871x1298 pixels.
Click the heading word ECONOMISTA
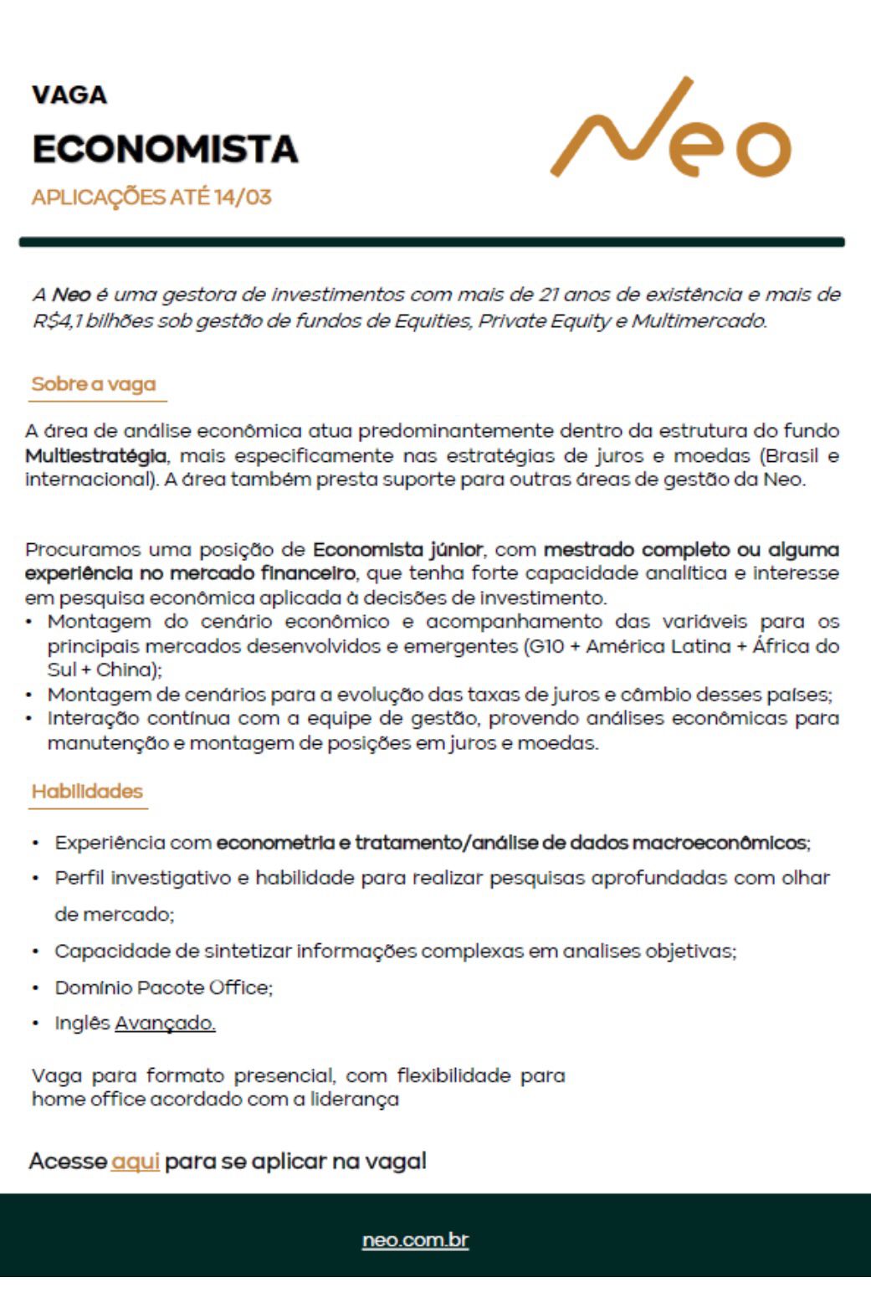165,150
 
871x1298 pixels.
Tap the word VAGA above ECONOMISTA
69,95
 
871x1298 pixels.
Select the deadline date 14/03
243,198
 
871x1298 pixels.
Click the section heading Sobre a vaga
94,384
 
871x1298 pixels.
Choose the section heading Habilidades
87,792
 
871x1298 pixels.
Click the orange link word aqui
135,1162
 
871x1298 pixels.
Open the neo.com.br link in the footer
415,1239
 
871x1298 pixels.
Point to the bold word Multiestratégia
95,456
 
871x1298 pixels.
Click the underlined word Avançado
165,1024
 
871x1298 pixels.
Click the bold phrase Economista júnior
397,550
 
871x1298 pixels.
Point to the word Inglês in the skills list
82,1024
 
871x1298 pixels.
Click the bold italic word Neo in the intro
71,295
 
